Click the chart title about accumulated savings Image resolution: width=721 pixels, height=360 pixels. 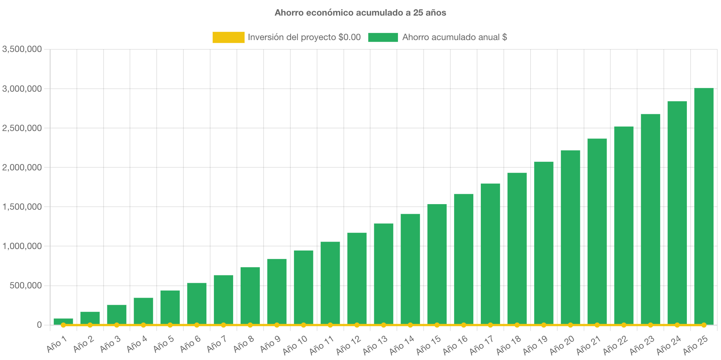(360, 13)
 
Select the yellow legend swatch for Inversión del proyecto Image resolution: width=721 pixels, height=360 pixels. (228, 37)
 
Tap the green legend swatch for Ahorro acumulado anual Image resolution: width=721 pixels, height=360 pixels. (383, 37)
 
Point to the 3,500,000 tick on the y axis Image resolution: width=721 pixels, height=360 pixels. (22, 49)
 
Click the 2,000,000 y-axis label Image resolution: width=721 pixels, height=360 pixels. (22, 167)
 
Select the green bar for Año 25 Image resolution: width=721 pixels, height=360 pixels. (704, 206)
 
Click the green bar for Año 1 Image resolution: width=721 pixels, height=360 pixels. (63, 321)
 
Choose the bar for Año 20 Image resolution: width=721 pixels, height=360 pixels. (570, 237)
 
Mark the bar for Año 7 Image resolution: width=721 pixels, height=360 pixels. (224, 300)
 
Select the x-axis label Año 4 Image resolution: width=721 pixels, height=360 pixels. (137, 344)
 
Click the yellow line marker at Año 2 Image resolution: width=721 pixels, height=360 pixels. (90, 325)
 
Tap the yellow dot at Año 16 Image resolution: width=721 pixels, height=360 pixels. (464, 325)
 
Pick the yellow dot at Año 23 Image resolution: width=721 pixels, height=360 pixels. (650, 325)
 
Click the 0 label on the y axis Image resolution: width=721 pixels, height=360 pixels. (39, 325)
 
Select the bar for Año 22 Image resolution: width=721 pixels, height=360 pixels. (624, 225)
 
